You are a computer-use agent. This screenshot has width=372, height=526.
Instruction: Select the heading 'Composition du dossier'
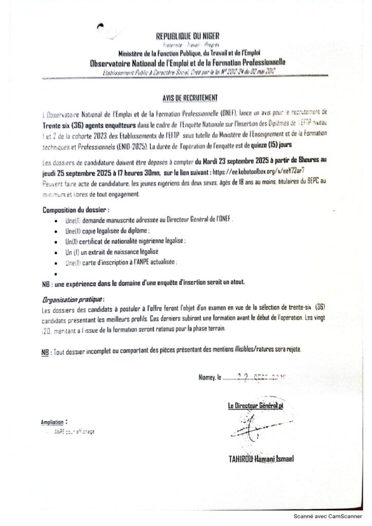(75, 210)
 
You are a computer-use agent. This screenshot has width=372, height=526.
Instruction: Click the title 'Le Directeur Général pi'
(256, 406)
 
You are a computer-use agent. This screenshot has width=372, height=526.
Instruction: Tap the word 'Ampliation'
(53, 422)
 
